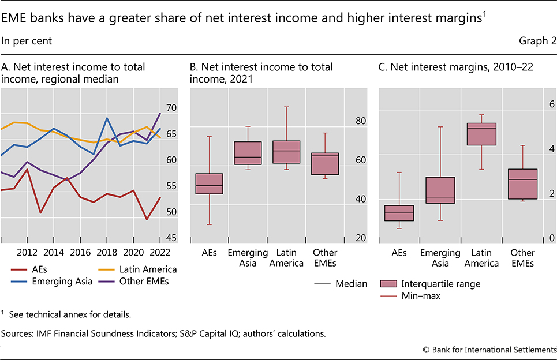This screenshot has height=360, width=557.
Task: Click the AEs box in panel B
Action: click(209, 183)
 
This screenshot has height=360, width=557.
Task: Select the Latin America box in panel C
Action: click(481, 134)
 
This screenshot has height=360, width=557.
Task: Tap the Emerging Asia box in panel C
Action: click(440, 190)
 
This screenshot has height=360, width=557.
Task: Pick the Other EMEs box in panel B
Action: click(324, 164)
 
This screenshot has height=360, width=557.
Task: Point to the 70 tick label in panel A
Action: click(171, 108)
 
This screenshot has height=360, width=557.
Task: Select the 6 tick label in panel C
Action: click(536, 104)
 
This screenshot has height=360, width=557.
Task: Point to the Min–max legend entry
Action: click(413, 295)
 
